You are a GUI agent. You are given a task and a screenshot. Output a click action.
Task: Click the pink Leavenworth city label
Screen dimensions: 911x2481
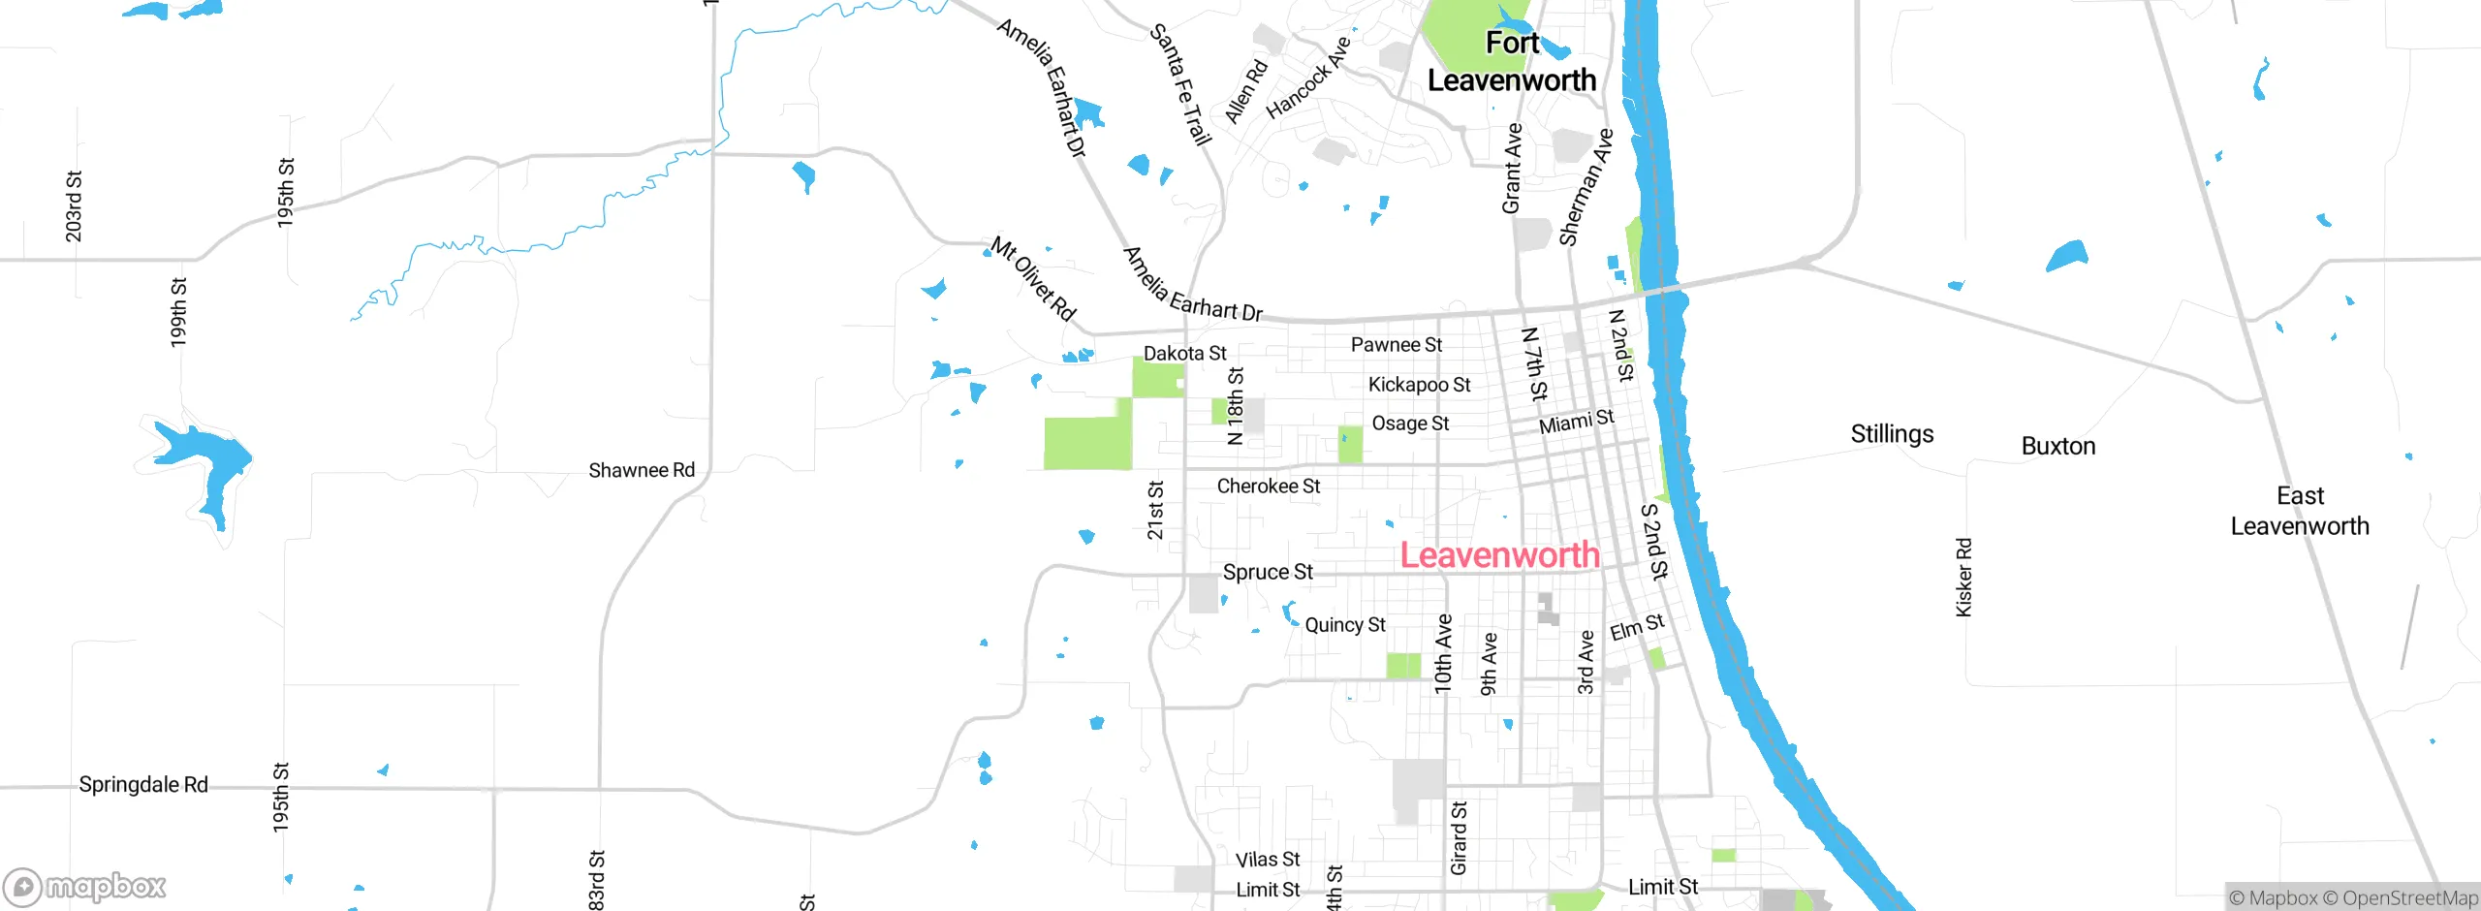(1499, 555)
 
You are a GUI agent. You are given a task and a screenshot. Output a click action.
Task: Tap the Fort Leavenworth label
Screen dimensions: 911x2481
(1512, 62)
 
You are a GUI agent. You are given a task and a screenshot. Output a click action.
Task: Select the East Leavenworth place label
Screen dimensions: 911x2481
(2300, 511)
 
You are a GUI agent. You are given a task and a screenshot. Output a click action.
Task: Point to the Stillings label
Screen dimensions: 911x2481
(1892, 434)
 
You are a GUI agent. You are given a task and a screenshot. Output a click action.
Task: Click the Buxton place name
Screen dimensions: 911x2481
(2058, 447)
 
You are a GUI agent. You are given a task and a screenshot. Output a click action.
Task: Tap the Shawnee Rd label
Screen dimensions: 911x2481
(642, 470)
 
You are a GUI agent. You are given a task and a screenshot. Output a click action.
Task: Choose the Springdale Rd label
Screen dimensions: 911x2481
(143, 784)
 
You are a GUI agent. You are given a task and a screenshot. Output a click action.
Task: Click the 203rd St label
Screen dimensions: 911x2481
(74, 206)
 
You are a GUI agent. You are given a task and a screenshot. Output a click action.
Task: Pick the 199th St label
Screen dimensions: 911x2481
(178, 312)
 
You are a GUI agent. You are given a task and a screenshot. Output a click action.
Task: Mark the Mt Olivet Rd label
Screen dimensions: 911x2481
(1033, 279)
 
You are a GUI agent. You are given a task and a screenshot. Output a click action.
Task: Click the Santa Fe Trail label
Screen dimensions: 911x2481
(1180, 85)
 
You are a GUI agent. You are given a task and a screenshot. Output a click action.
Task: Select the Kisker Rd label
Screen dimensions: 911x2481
(1963, 578)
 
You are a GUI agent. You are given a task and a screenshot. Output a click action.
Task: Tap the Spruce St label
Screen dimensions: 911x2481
(1268, 572)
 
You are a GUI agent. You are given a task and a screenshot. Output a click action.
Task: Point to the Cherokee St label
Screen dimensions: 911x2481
(1268, 486)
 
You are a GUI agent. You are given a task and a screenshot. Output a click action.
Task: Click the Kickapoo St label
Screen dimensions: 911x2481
(1419, 385)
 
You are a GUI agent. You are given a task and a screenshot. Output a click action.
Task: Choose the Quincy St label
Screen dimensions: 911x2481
(1345, 625)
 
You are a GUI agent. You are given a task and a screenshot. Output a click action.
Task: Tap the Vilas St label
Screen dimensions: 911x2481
(1268, 860)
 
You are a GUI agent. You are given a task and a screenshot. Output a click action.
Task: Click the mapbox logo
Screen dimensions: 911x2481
(85, 886)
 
